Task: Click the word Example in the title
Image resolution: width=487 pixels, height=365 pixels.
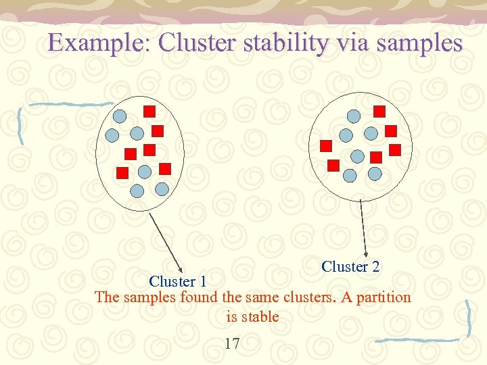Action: (100, 43)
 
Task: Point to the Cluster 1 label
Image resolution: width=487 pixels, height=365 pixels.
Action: (177, 281)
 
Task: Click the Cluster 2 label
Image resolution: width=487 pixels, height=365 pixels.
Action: (350, 266)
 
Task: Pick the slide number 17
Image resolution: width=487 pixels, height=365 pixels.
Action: (232, 344)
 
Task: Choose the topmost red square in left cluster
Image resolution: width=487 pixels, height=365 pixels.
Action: (150, 111)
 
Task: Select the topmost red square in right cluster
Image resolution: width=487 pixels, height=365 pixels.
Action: (379, 111)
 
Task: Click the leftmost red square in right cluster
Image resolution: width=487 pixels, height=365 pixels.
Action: (325, 145)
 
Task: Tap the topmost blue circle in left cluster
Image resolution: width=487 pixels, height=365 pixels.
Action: (119, 116)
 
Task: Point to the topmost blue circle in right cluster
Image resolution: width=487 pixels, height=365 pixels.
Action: (353, 116)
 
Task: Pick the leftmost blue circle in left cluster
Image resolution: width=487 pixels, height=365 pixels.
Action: (112, 134)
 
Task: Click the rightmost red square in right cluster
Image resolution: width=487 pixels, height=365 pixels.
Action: (395, 149)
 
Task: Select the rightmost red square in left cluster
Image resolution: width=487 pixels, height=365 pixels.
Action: (165, 168)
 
